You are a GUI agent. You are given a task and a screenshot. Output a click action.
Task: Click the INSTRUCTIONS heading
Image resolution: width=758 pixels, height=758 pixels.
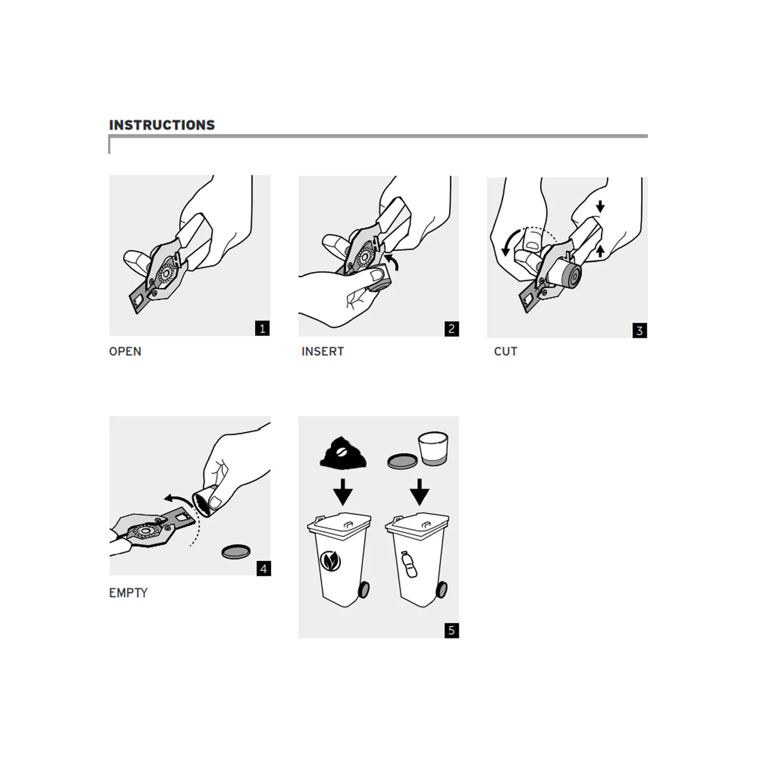click(162, 125)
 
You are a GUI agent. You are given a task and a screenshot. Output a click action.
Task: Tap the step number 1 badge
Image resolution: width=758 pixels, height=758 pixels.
click(262, 328)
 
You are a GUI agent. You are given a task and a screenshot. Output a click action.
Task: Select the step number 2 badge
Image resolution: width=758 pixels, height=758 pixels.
click(451, 329)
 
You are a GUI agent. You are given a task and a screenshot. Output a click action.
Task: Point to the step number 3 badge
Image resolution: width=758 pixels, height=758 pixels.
click(640, 331)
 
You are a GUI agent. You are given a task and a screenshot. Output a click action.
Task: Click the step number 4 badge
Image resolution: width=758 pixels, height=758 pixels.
click(264, 568)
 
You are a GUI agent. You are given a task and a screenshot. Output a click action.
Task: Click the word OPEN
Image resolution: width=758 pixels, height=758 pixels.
click(125, 351)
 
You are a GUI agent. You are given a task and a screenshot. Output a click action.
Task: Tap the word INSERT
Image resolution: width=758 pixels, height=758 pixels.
click(323, 351)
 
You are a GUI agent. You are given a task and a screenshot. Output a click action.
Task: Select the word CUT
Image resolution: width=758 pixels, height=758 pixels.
click(505, 351)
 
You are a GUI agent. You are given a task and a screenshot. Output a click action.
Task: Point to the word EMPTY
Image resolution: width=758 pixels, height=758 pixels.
click(128, 593)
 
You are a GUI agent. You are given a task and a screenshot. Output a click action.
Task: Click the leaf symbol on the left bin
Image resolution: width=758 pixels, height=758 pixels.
click(331, 560)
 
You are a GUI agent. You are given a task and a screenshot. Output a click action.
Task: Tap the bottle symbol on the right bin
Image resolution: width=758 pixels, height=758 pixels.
click(409, 564)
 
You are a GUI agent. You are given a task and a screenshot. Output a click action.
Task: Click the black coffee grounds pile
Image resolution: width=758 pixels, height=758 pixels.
click(343, 452)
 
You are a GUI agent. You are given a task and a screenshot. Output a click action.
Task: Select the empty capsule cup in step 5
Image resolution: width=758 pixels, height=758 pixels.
click(433, 449)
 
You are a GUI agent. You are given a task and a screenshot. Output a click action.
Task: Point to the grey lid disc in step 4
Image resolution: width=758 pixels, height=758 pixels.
click(236, 552)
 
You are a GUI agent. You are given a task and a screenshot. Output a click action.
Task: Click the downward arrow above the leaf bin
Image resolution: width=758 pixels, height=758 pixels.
click(343, 492)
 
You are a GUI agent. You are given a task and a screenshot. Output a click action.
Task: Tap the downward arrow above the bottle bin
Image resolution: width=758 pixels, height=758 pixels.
click(420, 492)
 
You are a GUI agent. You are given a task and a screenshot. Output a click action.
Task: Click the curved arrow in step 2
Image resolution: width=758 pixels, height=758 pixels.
click(393, 261)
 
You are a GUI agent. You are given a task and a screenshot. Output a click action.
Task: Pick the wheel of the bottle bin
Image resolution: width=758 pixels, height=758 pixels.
click(442, 590)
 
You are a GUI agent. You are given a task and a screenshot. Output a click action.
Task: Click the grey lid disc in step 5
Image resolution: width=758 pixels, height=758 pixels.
click(402, 462)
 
